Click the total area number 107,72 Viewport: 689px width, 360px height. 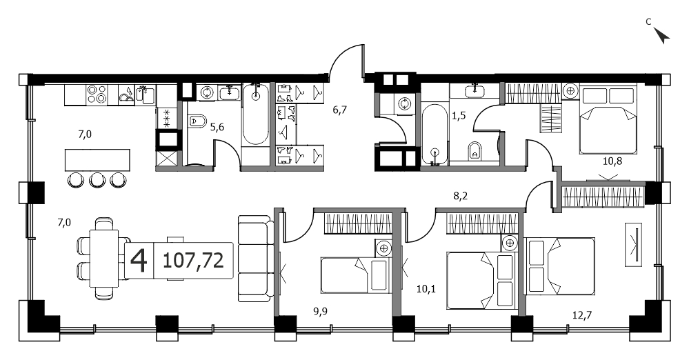(x=193, y=260)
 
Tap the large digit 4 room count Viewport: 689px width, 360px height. (x=139, y=260)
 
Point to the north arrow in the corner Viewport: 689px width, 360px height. (x=661, y=36)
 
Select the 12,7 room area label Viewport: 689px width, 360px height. (x=582, y=314)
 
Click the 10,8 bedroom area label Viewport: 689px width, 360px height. (x=612, y=161)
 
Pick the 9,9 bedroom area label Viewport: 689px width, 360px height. (x=320, y=312)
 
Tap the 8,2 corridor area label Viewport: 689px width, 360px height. (x=460, y=196)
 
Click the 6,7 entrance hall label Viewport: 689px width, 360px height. (x=339, y=110)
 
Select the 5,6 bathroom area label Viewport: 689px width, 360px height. (x=217, y=127)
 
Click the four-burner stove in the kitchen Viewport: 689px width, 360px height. (x=97, y=94)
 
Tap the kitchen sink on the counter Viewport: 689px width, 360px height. (x=145, y=94)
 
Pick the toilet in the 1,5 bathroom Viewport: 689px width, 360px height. (x=474, y=151)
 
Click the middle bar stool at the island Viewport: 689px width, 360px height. (x=97, y=179)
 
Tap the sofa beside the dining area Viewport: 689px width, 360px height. (x=254, y=259)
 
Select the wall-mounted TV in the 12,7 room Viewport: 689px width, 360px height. (x=634, y=244)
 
